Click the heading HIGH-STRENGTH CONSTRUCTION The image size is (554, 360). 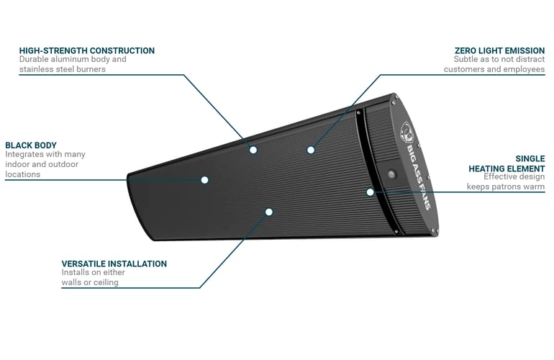point(86,50)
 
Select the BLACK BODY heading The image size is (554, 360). point(30,144)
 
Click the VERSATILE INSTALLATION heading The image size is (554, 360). point(114,264)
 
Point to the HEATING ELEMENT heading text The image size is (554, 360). point(506,168)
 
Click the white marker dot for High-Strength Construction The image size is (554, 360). point(253,149)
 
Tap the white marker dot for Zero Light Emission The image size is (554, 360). point(311,150)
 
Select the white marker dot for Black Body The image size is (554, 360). point(204,179)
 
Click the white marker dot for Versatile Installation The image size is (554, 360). point(268,212)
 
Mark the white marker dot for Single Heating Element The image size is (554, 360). point(370,192)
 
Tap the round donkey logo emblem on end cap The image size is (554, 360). point(408,132)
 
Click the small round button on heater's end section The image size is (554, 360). point(392,174)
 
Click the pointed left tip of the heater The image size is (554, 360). point(129,176)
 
